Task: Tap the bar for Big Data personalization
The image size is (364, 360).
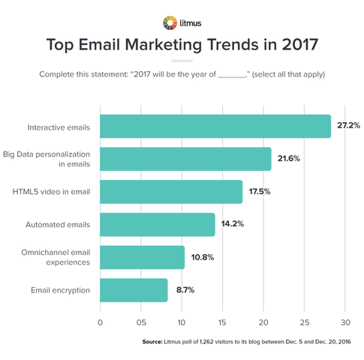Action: [185, 159]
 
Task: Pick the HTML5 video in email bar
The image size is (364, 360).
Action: [171, 192]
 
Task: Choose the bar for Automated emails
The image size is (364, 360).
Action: [158, 224]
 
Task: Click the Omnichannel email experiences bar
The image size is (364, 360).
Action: [143, 257]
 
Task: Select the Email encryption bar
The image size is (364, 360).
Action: [134, 289]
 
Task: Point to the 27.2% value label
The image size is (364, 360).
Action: [347, 127]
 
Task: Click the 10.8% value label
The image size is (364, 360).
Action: [200, 257]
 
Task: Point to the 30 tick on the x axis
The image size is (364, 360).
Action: [345, 322]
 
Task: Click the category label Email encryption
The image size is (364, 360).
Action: [61, 289]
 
